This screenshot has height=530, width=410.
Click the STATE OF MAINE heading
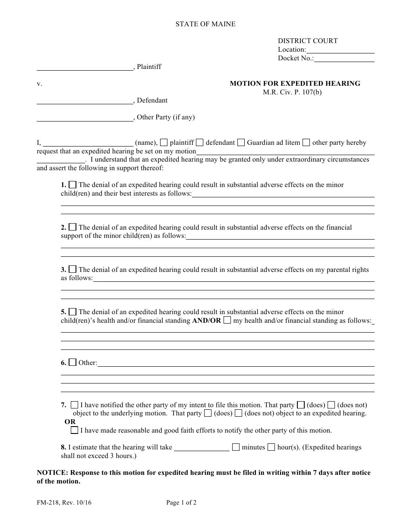[x=205, y=24]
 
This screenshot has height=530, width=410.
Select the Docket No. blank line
[x=344, y=59]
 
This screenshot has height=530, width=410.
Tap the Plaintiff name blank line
[x=85, y=67]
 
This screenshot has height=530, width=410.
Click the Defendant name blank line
[x=85, y=100]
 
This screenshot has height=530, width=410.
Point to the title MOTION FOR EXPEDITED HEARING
[x=295, y=84]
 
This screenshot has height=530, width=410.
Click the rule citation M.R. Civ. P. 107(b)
[x=292, y=92]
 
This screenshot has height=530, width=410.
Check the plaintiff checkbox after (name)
[x=164, y=143]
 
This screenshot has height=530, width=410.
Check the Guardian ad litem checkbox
[x=241, y=143]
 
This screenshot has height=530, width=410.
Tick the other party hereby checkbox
[x=306, y=143]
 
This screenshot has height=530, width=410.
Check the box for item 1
[x=73, y=185]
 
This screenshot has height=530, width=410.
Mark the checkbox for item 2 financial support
[x=73, y=227]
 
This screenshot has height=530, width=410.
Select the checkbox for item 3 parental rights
[x=73, y=269]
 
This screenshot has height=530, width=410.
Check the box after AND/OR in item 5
[x=227, y=320]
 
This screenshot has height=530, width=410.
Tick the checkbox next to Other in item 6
[x=73, y=362]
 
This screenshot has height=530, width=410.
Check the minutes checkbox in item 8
[x=236, y=447]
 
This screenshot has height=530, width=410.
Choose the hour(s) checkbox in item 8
[x=271, y=447]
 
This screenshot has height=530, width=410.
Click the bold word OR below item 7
[x=70, y=422]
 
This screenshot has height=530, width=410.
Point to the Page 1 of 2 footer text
[x=181, y=502]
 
